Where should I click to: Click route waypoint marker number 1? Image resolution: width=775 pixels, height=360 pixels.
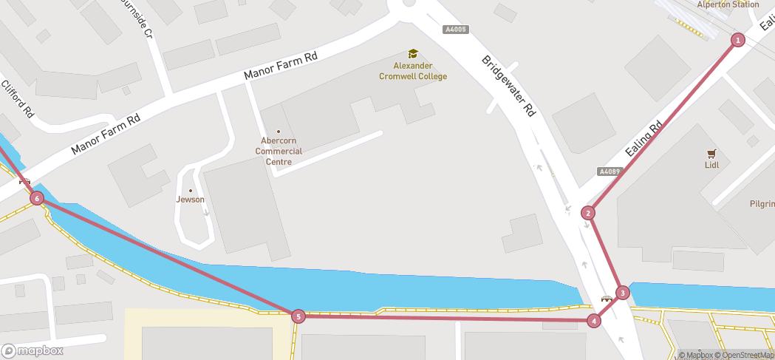point(737,40)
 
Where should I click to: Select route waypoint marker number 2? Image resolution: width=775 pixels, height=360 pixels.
point(588,213)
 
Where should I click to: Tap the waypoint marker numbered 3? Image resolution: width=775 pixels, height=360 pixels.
point(623,293)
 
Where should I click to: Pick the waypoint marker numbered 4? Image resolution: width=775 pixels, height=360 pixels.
point(594,321)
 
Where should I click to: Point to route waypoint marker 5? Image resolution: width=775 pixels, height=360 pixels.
point(298,316)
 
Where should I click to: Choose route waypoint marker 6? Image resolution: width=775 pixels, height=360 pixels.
point(37,198)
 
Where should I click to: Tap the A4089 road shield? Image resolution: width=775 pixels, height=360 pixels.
point(610,171)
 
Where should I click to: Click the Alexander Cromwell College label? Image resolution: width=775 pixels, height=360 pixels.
point(413,71)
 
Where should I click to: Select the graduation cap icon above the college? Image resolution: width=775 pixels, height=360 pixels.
point(413,53)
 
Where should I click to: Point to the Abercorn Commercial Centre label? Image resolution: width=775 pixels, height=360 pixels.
point(279,152)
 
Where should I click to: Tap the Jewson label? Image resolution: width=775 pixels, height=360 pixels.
point(190,200)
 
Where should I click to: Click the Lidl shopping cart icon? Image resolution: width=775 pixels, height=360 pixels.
point(711,154)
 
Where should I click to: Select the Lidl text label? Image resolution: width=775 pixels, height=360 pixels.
point(711,165)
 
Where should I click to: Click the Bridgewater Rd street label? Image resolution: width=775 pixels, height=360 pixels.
point(508,85)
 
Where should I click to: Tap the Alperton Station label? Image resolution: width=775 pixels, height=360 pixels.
point(728,4)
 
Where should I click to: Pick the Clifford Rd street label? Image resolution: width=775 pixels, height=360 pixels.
point(19,100)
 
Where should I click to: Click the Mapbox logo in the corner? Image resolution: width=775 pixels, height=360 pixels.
point(32,351)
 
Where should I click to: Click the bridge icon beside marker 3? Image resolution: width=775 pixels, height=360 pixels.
point(607,298)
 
